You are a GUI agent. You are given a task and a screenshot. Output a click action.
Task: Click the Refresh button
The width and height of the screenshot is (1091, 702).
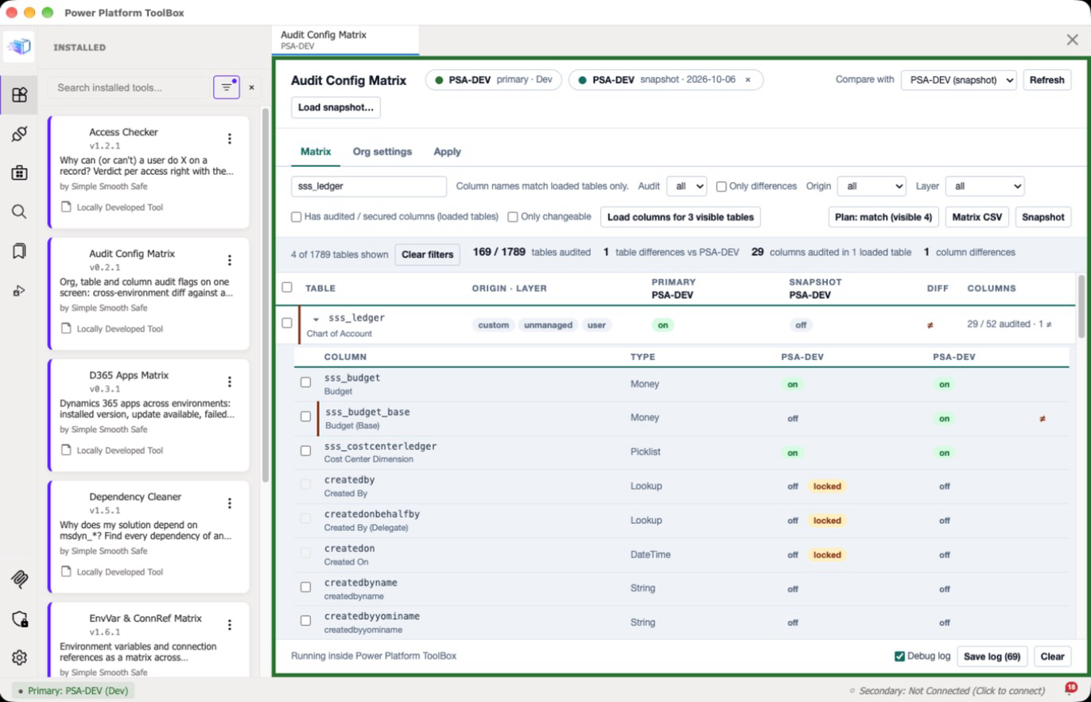pyautogui.click(x=1046, y=80)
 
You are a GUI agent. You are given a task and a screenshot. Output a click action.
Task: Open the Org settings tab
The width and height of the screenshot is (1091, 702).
pyautogui.click(x=382, y=151)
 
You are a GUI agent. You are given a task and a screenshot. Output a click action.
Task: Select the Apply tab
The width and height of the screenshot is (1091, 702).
pyautogui.click(x=447, y=151)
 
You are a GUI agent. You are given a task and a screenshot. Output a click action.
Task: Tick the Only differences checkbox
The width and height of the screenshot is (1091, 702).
pyautogui.click(x=721, y=187)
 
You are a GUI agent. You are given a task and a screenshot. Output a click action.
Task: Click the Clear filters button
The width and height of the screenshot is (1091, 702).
pyautogui.click(x=427, y=254)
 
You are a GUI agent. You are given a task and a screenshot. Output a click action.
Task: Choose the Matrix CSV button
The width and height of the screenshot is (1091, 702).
pyautogui.click(x=976, y=217)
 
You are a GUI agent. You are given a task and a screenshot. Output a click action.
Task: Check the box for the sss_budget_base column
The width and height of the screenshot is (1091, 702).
pyautogui.click(x=305, y=417)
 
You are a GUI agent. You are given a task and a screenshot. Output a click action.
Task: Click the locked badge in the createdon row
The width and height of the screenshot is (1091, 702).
pyautogui.click(x=827, y=554)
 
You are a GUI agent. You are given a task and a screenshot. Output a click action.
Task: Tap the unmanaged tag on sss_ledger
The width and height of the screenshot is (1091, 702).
pyautogui.click(x=548, y=324)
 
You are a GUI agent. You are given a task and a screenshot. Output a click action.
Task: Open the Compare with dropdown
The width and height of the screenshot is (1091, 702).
pyautogui.click(x=958, y=80)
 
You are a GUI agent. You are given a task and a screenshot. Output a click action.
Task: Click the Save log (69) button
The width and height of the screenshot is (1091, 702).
pyautogui.click(x=992, y=656)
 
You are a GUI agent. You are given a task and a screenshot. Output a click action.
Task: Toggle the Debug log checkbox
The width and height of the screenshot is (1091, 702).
pyautogui.click(x=899, y=656)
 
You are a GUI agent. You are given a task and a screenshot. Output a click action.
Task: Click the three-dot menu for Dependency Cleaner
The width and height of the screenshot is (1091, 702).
pyautogui.click(x=229, y=503)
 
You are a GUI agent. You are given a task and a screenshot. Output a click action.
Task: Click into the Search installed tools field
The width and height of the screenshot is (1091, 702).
pyautogui.click(x=129, y=87)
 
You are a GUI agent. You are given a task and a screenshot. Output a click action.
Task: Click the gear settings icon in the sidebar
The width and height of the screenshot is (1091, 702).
pyautogui.click(x=19, y=657)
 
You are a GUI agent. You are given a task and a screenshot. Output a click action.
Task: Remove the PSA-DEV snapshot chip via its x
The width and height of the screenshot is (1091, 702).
pyautogui.click(x=747, y=80)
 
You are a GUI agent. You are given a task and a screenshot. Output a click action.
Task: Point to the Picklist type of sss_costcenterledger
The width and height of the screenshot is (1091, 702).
pyautogui.click(x=646, y=452)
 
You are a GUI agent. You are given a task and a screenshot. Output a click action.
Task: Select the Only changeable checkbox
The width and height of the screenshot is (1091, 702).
pyautogui.click(x=512, y=217)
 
